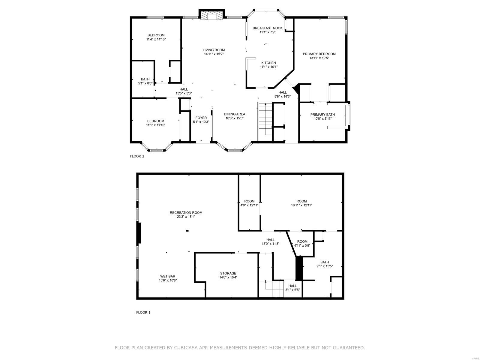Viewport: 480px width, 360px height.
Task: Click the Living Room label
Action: pyautogui.click(x=214, y=50)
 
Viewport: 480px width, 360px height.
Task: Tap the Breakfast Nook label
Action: pyautogui.click(x=267, y=28)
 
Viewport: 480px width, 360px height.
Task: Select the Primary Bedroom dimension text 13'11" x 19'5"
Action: pyautogui.click(x=319, y=58)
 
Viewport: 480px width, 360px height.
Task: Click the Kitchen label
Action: pyautogui.click(x=268, y=63)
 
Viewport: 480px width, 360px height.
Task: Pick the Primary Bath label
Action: pyautogui.click(x=322, y=115)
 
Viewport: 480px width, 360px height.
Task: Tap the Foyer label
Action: pyautogui.click(x=201, y=118)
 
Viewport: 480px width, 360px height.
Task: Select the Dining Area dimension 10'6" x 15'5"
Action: pyautogui.click(x=235, y=118)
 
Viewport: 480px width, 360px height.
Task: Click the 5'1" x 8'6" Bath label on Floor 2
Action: pyautogui.click(x=145, y=83)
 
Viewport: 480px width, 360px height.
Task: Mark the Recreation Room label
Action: pyautogui.click(x=186, y=213)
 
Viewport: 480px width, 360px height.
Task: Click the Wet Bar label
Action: pyautogui.click(x=168, y=276)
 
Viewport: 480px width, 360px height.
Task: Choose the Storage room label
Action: pyautogui.click(x=228, y=273)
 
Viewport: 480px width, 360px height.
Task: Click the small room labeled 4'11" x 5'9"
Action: pyautogui.click(x=302, y=243)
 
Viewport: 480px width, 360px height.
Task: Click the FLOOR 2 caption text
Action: pyautogui.click(x=137, y=156)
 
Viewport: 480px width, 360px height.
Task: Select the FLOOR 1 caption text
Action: pyautogui.click(x=143, y=312)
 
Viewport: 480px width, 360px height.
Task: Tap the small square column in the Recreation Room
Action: pyautogui.click(x=187, y=231)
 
